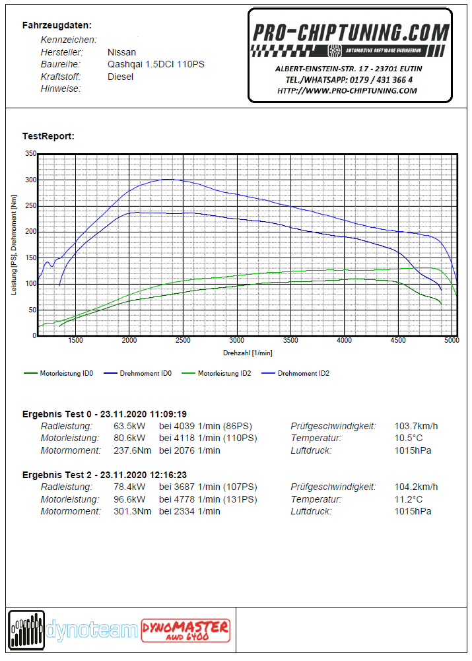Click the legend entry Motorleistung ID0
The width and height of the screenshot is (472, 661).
pyautogui.click(x=58, y=374)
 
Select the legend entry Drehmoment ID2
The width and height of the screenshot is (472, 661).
pyautogui.click(x=296, y=374)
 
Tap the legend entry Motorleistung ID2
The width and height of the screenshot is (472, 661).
pyautogui.click(x=216, y=374)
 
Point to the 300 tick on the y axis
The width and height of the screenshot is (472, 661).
pyautogui.click(x=31, y=180)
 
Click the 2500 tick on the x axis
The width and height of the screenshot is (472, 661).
pyautogui.click(x=183, y=341)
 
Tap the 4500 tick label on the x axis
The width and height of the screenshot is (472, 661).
pyautogui.click(x=398, y=341)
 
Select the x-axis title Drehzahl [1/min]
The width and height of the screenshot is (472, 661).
pyautogui.click(x=248, y=353)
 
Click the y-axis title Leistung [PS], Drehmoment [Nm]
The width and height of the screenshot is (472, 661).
pyautogui.click(x=14, y=245)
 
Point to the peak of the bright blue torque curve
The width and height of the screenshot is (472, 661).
pyautogui.click(x=167, y=179)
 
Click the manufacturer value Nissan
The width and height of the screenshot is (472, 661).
pyautogui.click(x=121, y=52)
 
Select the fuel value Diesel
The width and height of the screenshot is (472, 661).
pyautogui.click(x=121, y=77)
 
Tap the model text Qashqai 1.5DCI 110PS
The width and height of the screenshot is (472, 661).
pyautogui.click(x=156, y=65)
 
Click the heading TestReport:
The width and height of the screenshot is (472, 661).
pyautogui.click(x=48, y=136)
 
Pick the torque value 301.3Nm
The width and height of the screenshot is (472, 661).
pyautogui.click(x=132, y=511)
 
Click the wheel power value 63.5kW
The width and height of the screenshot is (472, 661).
pyautogui.click(x=129, y=426)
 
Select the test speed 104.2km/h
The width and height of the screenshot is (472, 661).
pyautogui.click(x=416, y=487)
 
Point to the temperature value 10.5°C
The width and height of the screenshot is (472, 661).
pyautogui.click(x=409, y=438)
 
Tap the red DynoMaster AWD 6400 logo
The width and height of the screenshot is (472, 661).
pyautogui.click(x=186, y=631)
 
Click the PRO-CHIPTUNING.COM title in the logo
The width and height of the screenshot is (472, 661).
pyautogui.click(x=351, y=33)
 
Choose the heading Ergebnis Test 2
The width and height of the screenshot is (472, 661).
pyautogui.click(x=57, y=475)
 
